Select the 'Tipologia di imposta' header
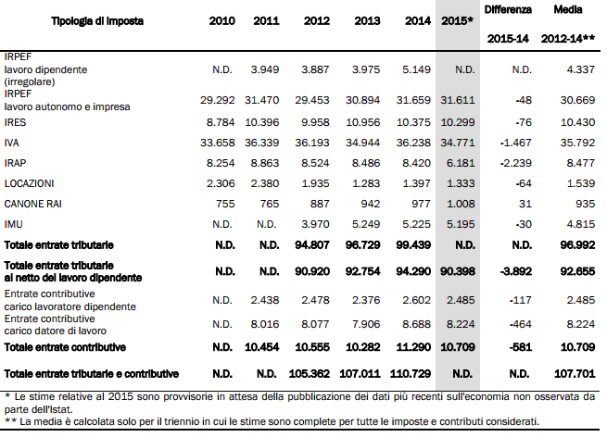tap(93, 20)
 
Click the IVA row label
tap(13, 142)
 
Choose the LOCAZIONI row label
tap(30, 183)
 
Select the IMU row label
tap(14, 224)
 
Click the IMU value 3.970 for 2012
tap(315, 224)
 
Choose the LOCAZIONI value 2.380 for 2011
tap(267, 183)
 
